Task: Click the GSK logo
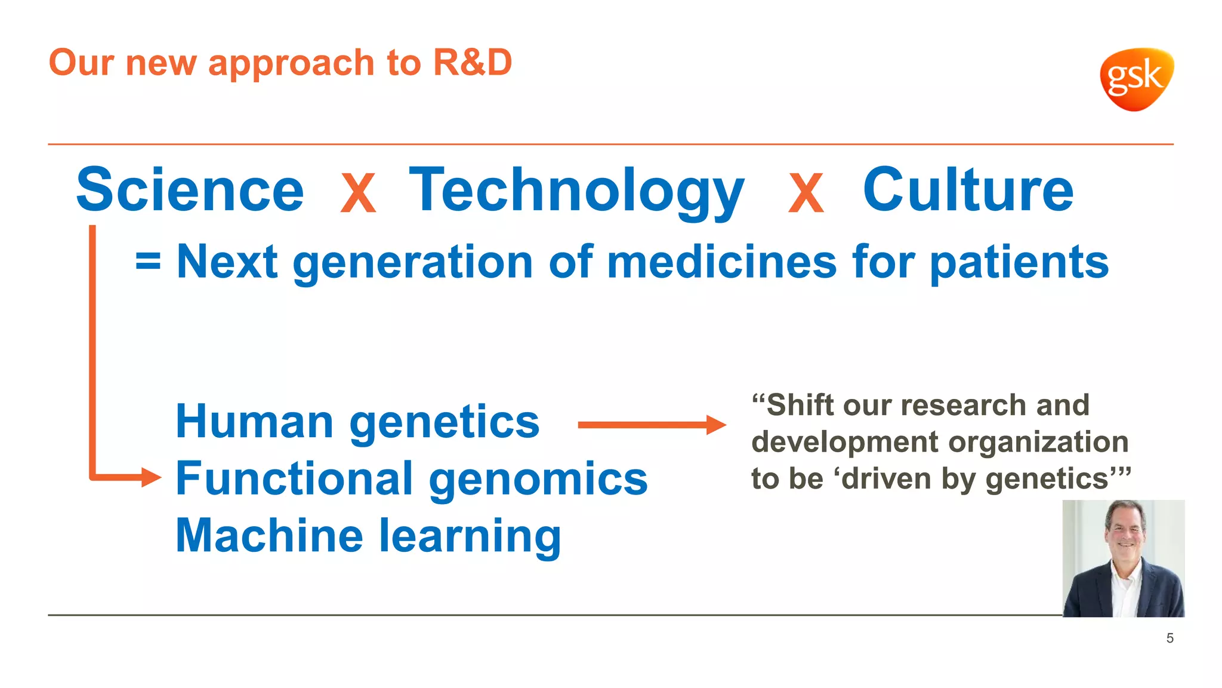click(x=1136, y=79)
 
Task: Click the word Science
click(x=190, y=190)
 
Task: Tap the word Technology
click(x=576, y=191)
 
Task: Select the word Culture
click(x=968, y=190)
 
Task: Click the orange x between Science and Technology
click(x=358, y=193)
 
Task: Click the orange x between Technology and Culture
click(x=806, y=193)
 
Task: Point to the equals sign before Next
click(x=148, y=262)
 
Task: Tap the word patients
click(x=1019, y=263)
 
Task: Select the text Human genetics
click(x=357, y=422)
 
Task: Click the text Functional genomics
click(x=412, y=479)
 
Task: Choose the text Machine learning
click(x=368, y=536)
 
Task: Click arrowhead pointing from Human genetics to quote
click(x=716, y=425)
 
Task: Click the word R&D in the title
click(x=472, y=62)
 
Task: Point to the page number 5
click(x=1169, y=638)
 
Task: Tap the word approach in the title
click(x=291, y=63)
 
